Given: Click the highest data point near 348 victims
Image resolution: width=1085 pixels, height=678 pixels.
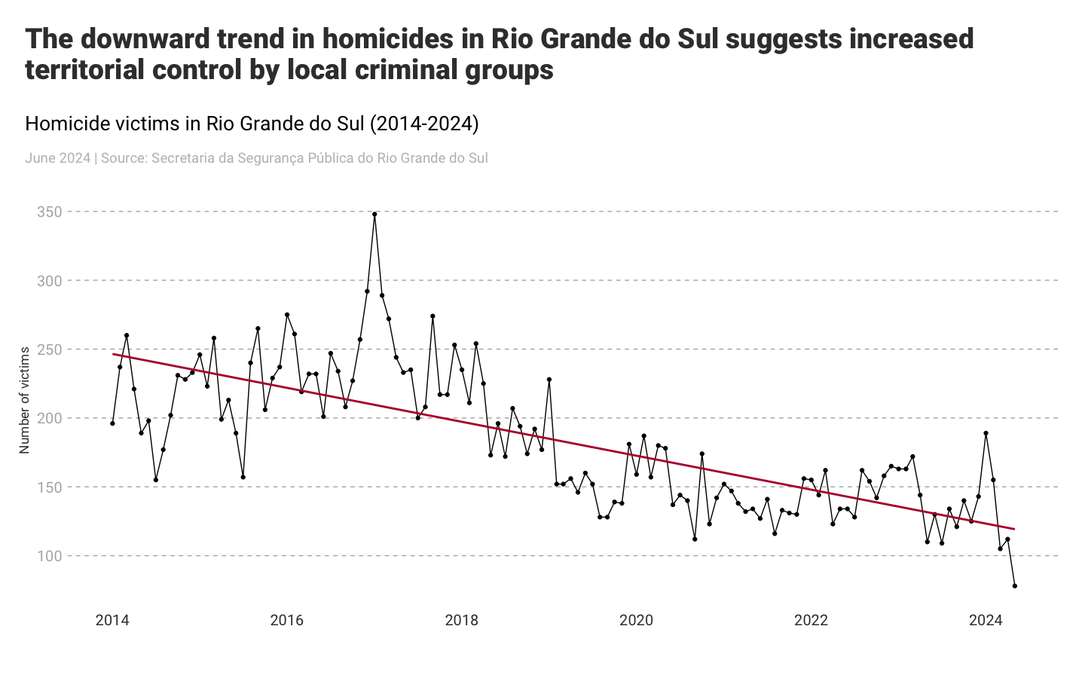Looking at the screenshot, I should pos(374,214).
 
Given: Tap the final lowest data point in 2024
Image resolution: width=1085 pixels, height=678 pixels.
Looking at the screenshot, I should pos(1015,586).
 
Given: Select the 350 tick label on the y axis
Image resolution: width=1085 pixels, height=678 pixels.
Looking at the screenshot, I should pos(49,212).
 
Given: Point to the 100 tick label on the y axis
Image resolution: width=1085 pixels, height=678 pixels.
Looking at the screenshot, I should pos(49,556).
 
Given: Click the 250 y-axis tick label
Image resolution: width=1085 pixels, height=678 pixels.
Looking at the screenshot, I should pos(49,350).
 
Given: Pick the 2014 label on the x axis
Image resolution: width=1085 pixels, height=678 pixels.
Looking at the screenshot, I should pos(112,621).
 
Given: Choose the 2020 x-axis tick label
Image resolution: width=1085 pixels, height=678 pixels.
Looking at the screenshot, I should pos(636,621).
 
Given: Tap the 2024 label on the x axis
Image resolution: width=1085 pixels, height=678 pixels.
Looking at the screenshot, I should pos(986,621).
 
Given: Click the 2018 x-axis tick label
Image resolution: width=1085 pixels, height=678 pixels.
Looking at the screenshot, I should pos(461,621).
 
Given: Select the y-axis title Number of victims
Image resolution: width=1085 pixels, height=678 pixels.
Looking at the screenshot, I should pos(25,400).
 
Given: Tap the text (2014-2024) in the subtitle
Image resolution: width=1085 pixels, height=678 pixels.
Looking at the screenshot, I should pos(424,124).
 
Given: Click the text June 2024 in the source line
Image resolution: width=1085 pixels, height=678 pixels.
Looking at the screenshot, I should pos(57,158).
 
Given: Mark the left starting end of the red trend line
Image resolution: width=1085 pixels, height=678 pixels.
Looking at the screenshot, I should pos(114,354).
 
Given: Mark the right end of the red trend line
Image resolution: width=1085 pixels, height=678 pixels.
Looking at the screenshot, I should pos(1014,529).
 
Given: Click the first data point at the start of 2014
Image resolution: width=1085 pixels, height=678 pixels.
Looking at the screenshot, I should pos(112,423).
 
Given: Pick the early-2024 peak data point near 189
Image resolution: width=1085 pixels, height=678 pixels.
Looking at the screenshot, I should pos(986,433).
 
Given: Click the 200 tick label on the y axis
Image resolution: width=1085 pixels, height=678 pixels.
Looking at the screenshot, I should pos(49,418).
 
